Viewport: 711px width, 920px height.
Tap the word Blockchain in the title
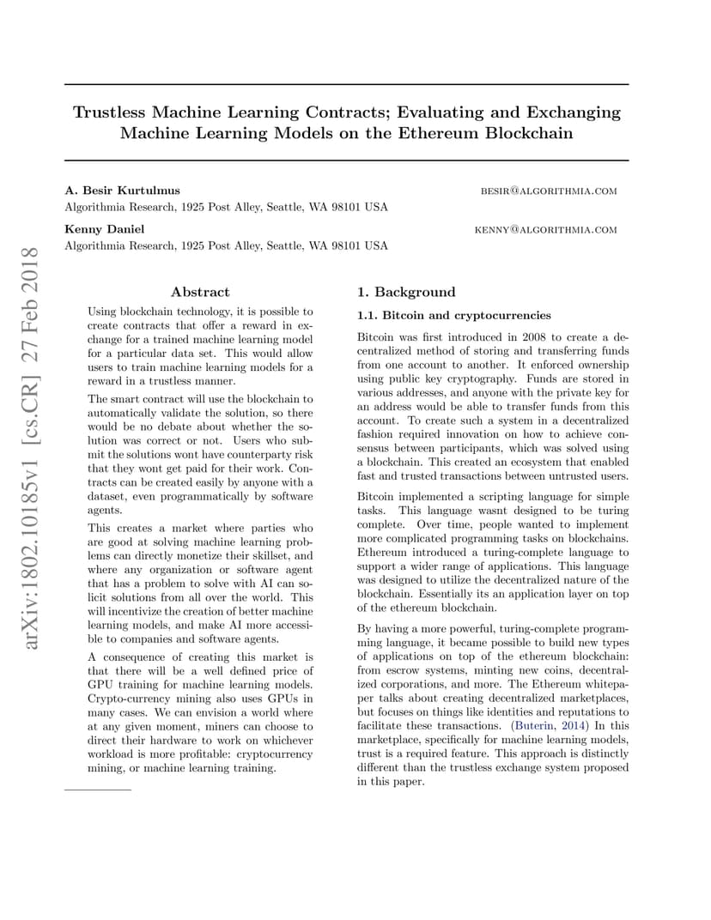click(528, 134)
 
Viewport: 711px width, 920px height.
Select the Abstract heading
click(200, 292)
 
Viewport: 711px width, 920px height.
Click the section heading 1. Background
click(406, 292)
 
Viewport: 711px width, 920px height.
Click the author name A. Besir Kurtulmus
click(123, 191)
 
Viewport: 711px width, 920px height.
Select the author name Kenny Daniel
click(105, 229)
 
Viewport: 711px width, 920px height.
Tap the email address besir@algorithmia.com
click(548, 191)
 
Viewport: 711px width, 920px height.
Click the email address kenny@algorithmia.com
click(545, 230)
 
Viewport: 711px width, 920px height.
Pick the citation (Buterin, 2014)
click(551, 726)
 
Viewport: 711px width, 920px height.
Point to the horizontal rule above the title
click(347, 85)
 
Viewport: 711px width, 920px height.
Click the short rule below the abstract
click(98, 789)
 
